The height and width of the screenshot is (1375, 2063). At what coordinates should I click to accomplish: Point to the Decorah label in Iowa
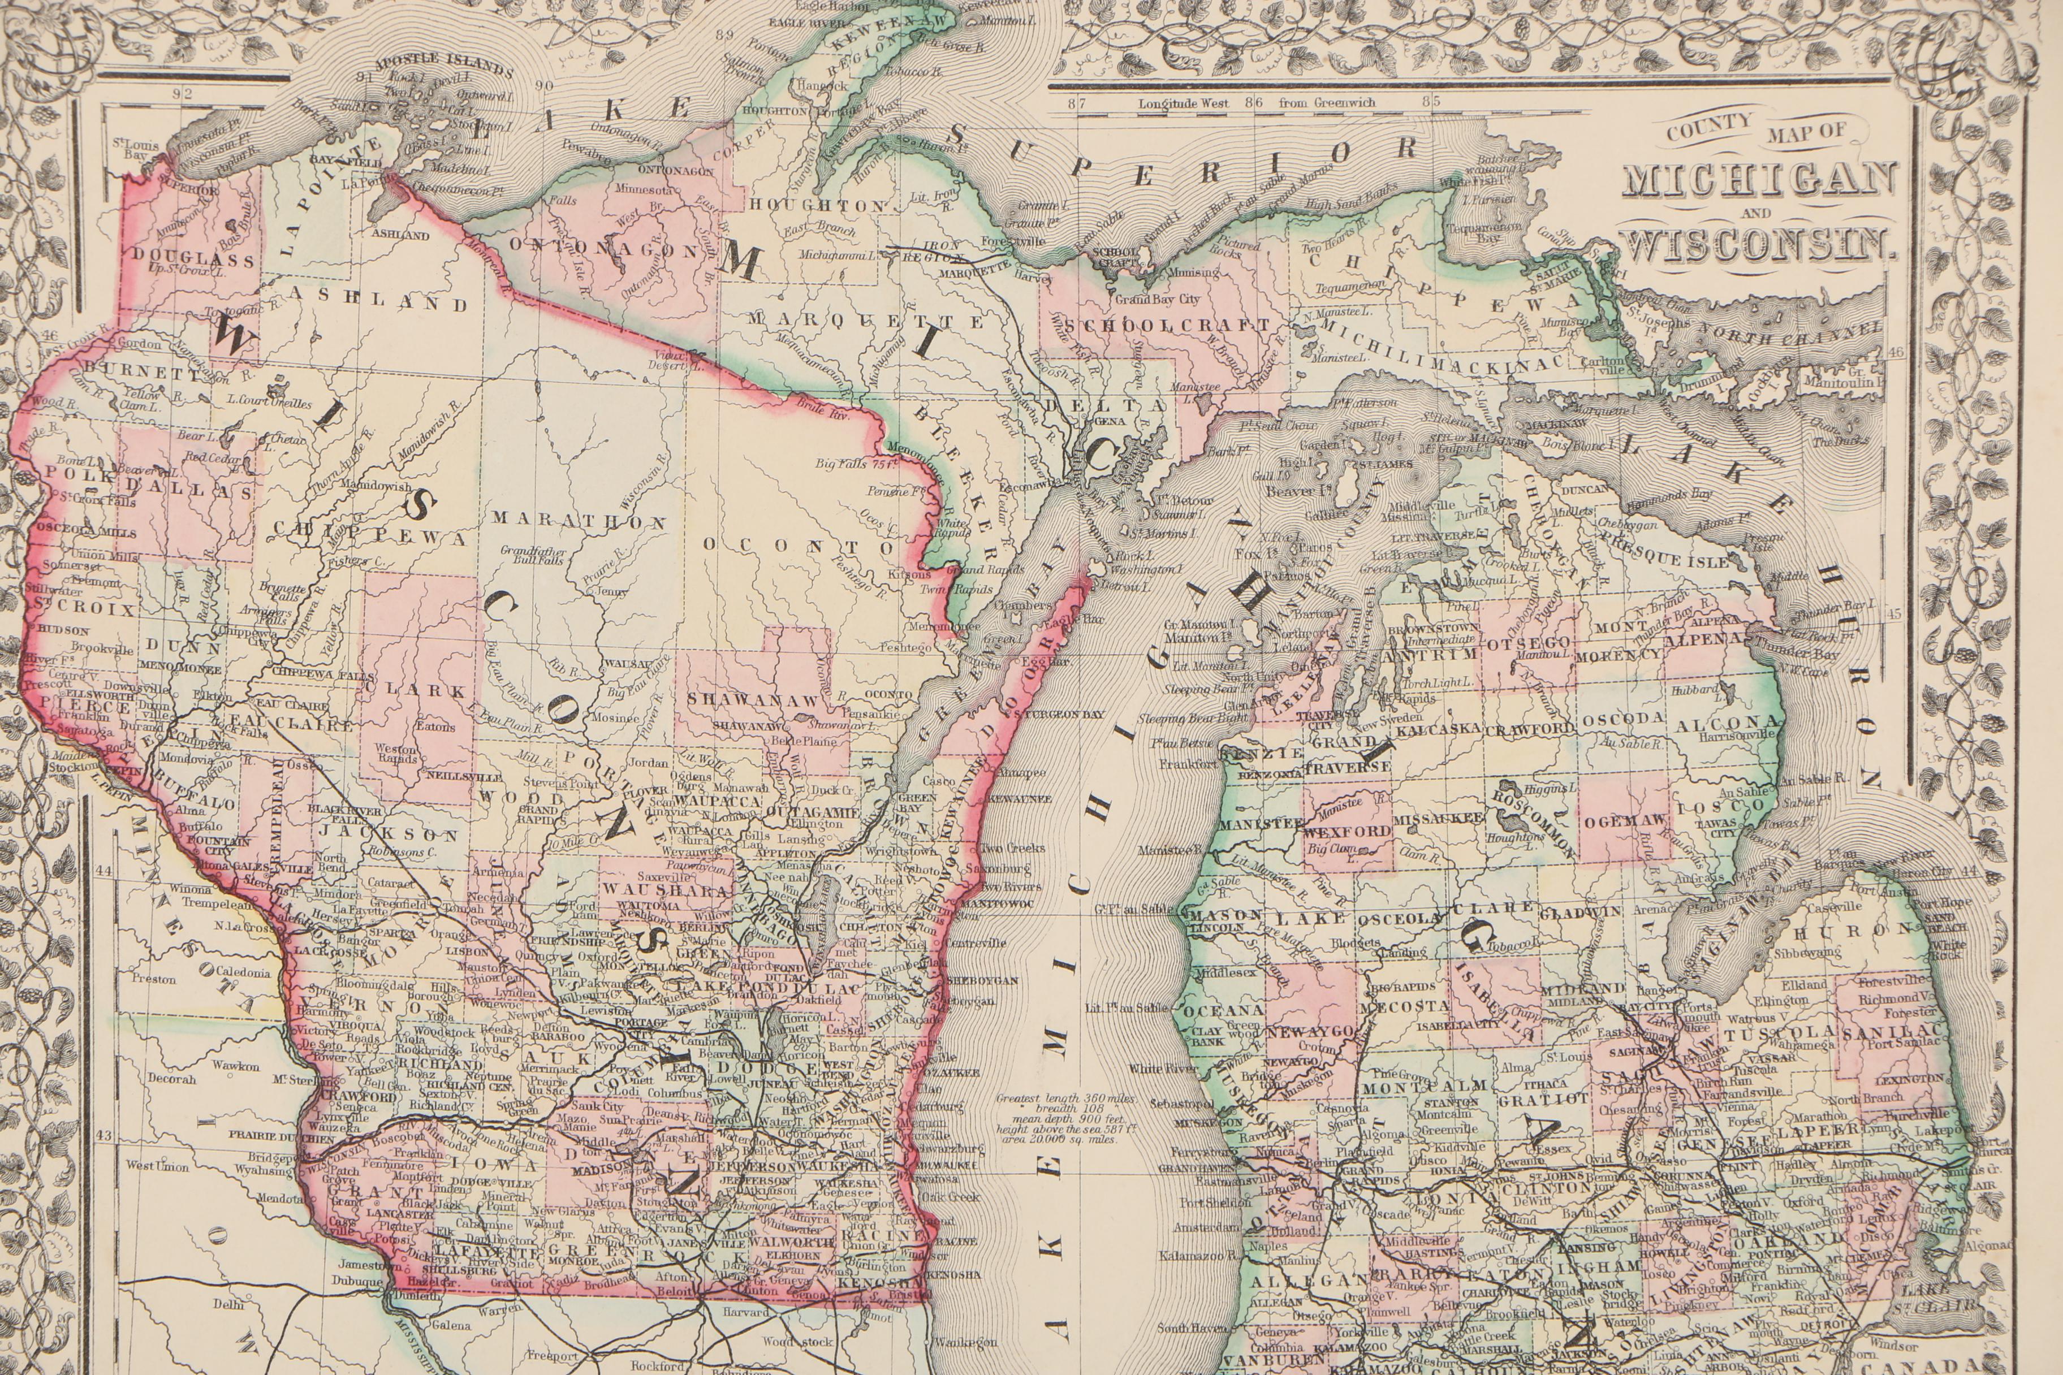tap(172, 1079)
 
